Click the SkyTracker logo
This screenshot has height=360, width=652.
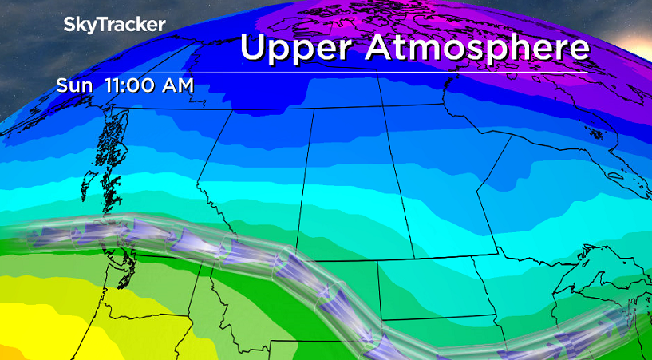tap(114, 25)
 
